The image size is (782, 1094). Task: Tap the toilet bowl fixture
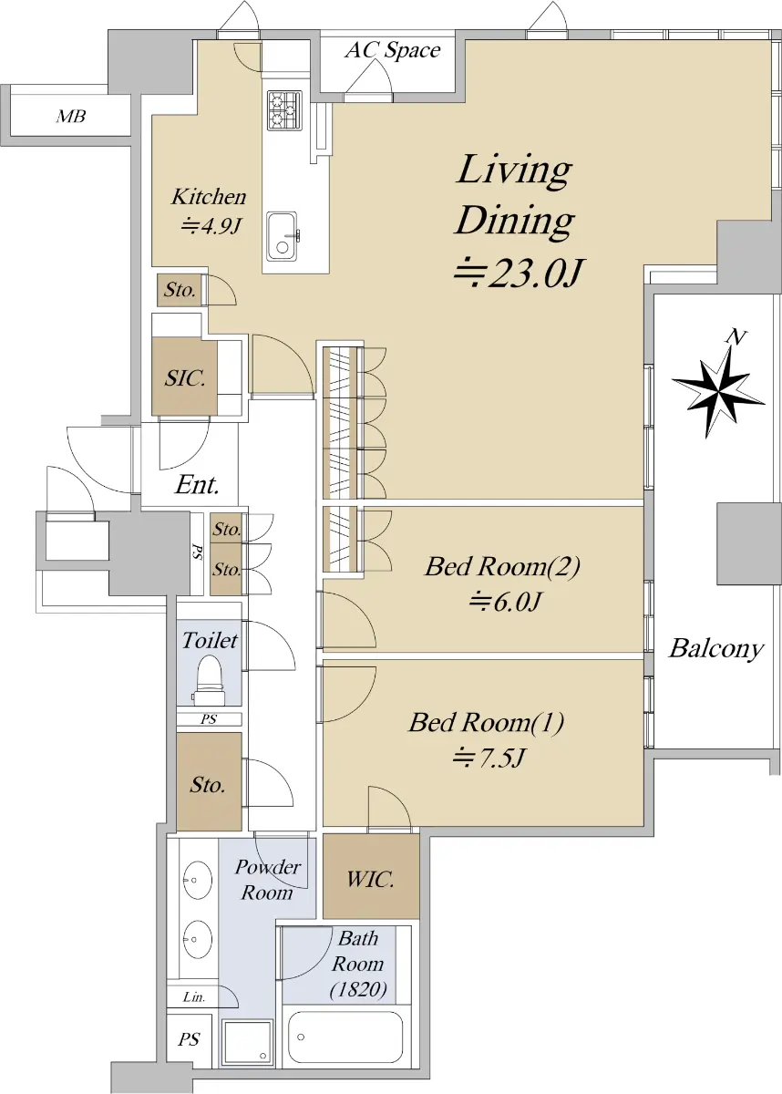[x=210, y=680]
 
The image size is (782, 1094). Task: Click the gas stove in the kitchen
[x=284, y=110]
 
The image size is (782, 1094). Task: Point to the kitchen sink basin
[x=282, y=237]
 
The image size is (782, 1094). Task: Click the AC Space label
[x=393, y=50]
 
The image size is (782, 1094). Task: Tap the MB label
[x=71, y=117]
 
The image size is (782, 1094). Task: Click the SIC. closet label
[x=184, y=378]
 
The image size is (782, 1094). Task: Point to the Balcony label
[x=716, y=649]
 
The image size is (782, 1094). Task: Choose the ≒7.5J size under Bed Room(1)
[x=489, y=758]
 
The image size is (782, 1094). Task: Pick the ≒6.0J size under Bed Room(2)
[x=505, y=601]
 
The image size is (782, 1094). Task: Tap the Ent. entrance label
[x=197, y=485]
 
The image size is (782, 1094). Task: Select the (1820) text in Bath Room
[x=358, y=989]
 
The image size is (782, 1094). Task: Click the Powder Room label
[x=267, y=880]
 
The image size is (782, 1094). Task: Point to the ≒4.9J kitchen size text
[x=211, y=226]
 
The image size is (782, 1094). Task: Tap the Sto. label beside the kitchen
[x=180, y=290]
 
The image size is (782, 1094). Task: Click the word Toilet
[x=210, y=640]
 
